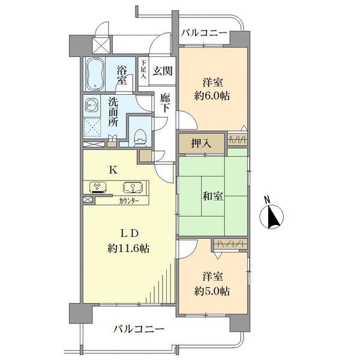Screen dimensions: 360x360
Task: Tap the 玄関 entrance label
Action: click(163, 71)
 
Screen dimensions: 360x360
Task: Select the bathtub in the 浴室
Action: click(96, 73)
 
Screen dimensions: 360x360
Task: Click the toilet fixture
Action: click(139, 136)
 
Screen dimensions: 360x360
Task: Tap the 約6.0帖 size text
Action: click(214, 96)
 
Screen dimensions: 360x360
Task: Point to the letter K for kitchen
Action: click(112, 169)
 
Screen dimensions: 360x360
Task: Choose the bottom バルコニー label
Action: click(139, 329)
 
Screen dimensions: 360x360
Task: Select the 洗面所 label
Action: click(113, 112)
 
